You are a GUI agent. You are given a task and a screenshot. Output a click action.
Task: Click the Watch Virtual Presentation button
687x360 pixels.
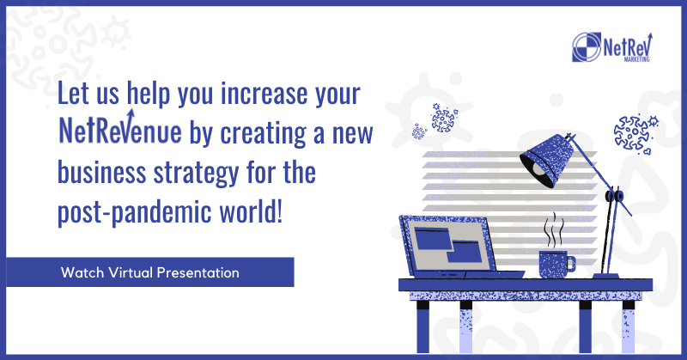pyautogui.click(x=149, y=272)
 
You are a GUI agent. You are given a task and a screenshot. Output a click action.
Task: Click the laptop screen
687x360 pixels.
pyautogui.click(x=449, y=245)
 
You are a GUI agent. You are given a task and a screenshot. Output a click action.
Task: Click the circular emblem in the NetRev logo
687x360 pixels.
pyautogui.click(x=587, y=47)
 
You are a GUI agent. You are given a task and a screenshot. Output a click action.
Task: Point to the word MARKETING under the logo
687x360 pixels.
pyautogui.click(x=636, y=59)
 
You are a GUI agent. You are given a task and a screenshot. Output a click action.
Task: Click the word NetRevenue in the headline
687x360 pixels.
pyautogui.click(x=120, y=130)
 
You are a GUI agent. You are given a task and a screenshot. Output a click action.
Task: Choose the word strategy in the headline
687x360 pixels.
pyautogui.click(x=197, y=174)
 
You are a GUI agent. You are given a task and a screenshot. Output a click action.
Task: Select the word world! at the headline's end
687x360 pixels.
pyautogui.click(x=251, y=211)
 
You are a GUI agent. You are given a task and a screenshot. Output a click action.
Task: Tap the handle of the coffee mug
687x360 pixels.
pyautogui.click(x=571, y=263)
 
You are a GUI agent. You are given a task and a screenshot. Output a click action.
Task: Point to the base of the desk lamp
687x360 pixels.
pyautogui.click(x=606, y=276)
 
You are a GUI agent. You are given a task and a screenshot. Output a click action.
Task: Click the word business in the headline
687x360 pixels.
pyautogui.click(x=101, y=172)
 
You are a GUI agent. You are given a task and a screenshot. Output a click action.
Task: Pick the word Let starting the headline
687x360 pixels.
pyautogui.click(x=73, y=94)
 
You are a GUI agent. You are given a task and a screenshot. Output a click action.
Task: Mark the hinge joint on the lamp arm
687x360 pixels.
pyautogui.click(x=614, y=195)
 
